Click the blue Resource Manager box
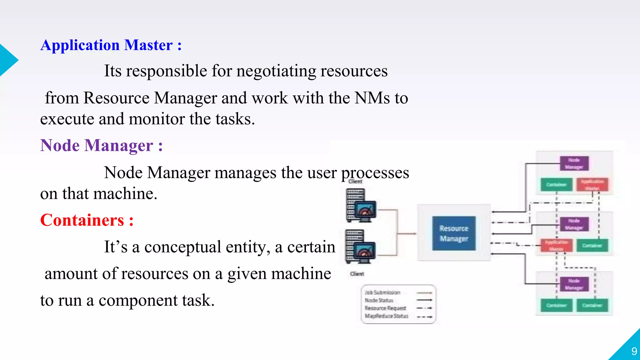coord(454,233)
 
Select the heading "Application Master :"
coord(111,45)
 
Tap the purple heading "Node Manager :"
coord(102,146)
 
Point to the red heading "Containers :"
coord(87,220)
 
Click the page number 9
coord(634,351)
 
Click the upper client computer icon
coord(360,205)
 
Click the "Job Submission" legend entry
coord(382,292)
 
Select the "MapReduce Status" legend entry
coord(386,316)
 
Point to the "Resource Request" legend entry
coord(385,308)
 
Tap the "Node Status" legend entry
coord(379,300)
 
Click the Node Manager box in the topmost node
coord(574,163)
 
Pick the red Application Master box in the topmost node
coord(592,184)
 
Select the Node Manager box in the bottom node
coord(574,284)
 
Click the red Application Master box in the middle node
coord(556,245)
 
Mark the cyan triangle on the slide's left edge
coord(7,60)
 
